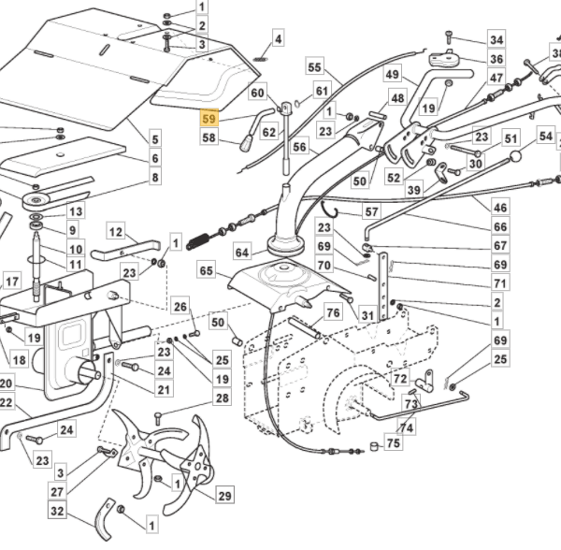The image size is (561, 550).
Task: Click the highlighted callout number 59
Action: coord(209,118)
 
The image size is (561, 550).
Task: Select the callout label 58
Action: coord(209,137)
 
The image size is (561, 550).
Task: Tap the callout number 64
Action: coord(242,253)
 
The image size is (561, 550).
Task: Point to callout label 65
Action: coord(206,270)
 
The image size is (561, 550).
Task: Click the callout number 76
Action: coord(333,312)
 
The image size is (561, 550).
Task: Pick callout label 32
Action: coord(57,511)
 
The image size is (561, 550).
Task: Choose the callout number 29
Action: coord(224,496)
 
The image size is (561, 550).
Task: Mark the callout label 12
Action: coord(116,232)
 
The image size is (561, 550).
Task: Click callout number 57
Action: coord(371,211)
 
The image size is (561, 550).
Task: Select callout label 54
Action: coord(546,136)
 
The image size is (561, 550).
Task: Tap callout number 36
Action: coord(496,59)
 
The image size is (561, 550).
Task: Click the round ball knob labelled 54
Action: coord(515,156)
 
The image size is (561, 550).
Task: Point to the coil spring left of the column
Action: coord(198,240)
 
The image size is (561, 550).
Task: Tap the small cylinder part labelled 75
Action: coord(375,446)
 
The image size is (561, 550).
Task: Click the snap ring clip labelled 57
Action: coord(329,210)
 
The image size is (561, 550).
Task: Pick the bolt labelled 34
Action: coord(449,37)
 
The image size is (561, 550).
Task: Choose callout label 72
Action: coord(400,378)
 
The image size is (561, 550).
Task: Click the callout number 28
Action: coord(223,398)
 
